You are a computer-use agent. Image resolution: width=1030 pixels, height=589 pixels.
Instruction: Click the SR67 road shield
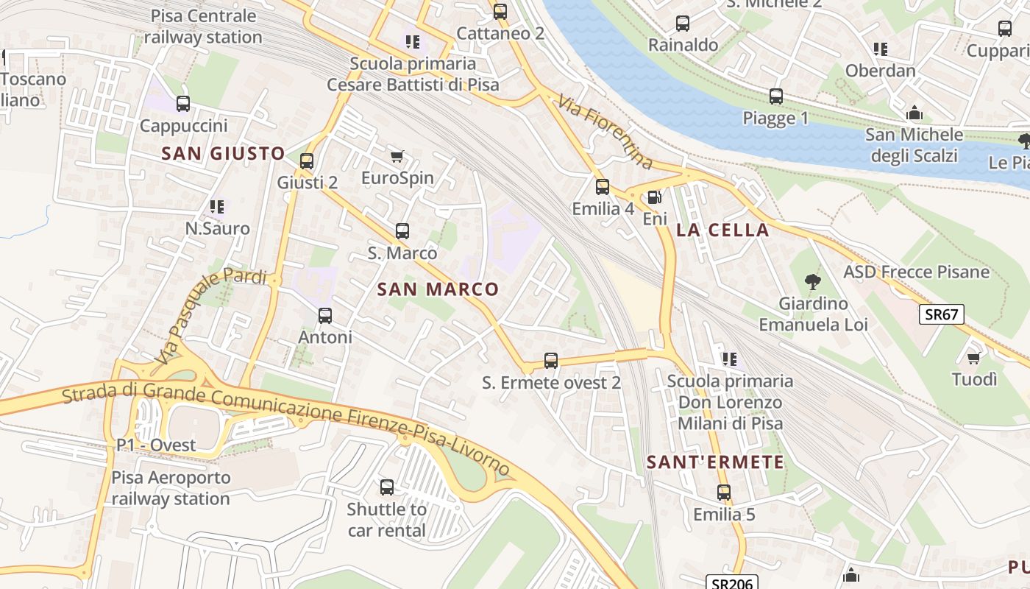(x=941, y=314)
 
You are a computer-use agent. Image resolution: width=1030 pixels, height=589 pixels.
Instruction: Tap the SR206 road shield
(x=732, y=583)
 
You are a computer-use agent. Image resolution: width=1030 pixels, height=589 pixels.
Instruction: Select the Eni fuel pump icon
(x=653, y=197)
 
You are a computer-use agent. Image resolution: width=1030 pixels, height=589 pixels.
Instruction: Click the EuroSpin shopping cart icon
(x=397, y=156)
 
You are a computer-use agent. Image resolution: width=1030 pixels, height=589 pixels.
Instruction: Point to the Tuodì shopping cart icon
(x=974, y=358)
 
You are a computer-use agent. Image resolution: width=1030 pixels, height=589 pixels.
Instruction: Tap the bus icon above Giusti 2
(x=307, y=161)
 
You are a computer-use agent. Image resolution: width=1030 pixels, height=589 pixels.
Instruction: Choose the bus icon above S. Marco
(x=402, y=231)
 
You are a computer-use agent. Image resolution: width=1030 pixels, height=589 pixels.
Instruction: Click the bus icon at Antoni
(x=325, y=316)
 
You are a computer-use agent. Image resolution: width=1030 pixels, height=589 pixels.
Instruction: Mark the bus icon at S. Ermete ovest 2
(x=551, y=361)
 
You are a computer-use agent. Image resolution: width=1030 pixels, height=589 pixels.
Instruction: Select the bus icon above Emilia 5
(x=724, y=493)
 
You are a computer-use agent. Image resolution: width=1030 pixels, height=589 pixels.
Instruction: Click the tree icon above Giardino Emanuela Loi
(x=813, y=281)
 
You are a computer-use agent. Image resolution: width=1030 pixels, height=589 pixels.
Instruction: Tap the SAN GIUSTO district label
(x=223, y=153)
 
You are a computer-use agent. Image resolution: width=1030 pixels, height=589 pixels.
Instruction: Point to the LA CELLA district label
(x=722, y=230)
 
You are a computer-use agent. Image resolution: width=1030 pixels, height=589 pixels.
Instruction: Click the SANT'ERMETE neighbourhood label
(x=715, y=462)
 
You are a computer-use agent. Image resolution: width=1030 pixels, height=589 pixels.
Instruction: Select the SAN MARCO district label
(x=438, y=289)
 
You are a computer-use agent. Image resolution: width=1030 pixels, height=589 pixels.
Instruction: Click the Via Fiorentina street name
(x=605, y=132)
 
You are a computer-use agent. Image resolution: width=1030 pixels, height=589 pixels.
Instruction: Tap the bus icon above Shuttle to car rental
(x=387, y=487)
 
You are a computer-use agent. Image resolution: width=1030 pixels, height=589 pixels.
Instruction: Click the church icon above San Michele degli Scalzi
(x=914, y=113)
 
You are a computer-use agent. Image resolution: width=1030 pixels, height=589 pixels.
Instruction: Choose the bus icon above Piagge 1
(x=775, y=96)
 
